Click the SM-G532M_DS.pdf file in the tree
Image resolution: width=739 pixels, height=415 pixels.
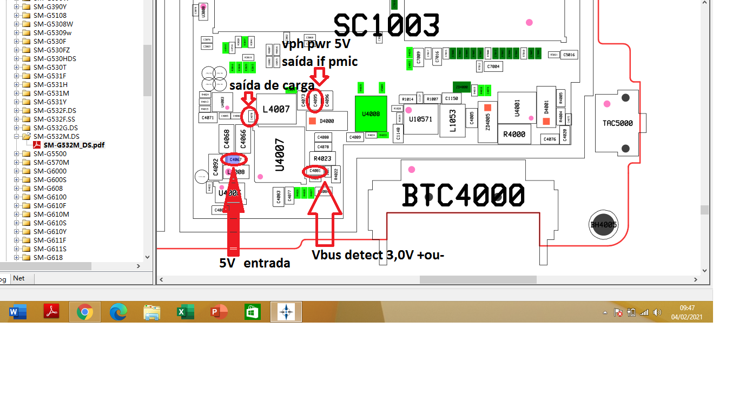[x=74, y=145]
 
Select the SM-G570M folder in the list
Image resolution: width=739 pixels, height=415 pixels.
[x=51, y=162]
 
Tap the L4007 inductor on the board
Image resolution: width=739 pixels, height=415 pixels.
[x=276, y=109]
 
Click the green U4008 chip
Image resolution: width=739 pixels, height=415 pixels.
[x=371, y=113]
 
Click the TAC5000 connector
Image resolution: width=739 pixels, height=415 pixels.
[x=617, y=123]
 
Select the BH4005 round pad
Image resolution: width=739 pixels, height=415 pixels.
[x=603, y=225]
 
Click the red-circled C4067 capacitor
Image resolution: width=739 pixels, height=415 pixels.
[x=235, y=159]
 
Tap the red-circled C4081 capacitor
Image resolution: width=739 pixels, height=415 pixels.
[x=315, y=171]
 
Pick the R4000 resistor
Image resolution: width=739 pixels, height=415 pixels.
[x=514, y=134]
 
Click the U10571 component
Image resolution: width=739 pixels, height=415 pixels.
[x=420, y=119]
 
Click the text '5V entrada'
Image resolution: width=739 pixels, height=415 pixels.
[x=254, y=263]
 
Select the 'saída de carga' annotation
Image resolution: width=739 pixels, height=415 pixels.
[x=272, y=85]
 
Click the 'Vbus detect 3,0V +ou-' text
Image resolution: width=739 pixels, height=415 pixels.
[x=378, y=255]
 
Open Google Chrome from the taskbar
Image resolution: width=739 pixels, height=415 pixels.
[x=84, y=312]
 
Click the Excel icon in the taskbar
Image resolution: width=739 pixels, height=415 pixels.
[x=185, y=312]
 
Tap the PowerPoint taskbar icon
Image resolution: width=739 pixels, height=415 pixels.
[x=219, y=312]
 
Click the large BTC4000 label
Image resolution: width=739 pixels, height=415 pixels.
[x=463, y=196]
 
